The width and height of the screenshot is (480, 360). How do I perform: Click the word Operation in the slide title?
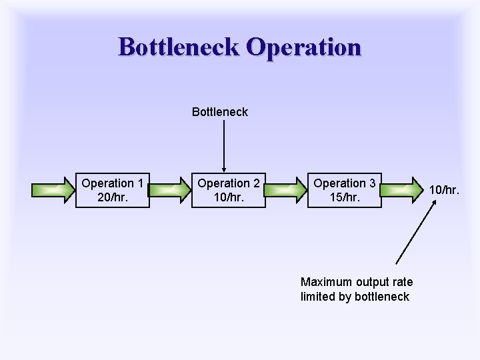(303, 47)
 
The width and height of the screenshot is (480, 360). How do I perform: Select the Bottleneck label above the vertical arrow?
(219, 112)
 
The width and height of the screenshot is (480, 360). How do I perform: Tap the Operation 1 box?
(112, 190)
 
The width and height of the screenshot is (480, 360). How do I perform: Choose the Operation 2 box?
(228, 190)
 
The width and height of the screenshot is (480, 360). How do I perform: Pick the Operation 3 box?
(344, 190)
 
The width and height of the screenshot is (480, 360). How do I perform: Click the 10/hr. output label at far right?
(444, 190)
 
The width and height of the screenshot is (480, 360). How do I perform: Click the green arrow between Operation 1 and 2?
(171, 190)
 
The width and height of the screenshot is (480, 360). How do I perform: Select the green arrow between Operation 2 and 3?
(286, 190)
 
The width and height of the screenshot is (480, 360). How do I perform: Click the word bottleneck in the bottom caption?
(382, 297)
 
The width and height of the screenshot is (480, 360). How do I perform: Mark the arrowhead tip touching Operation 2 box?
(224, 171)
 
